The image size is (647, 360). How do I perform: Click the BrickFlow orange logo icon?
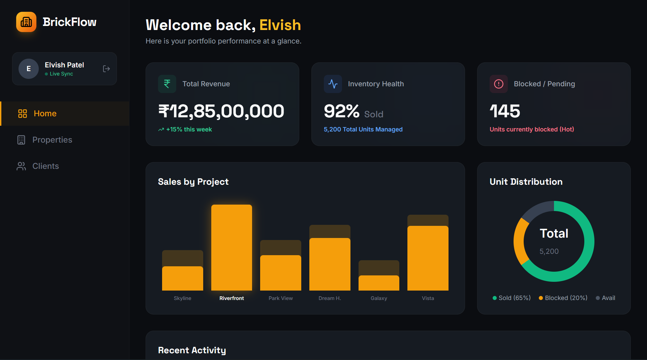pyautogui.click(x=26, y=22)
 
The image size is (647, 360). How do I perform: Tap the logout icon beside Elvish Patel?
pyautogui.click(x=106, y=69)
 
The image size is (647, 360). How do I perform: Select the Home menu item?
pyautogui.click(x=45, y=114)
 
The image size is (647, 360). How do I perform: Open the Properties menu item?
pyautogui.click(x=52, y=140)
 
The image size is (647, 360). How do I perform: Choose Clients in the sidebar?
pyautogui.click(x=45, y=166)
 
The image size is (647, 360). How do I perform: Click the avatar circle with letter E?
pyautogui.click(x=29, y=69)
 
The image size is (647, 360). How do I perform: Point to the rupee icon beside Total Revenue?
pyautogui.click(x=167, y=84)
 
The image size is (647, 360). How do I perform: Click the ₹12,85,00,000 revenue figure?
pyautogui.click(x=221, y=111)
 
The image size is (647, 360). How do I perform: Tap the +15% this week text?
pyautogui.click(x=189, y=129)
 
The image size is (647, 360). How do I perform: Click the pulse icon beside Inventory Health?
pyautogui.click(x=333, y=84)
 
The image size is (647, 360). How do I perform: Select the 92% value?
pyautogui.click(x=341, y=111)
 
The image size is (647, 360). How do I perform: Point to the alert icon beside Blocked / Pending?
pyautogui.click(x=499, y=84)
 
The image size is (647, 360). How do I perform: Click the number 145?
pyautogui.click(x=505, y=111)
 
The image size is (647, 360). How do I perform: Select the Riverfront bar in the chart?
pyautogui.click(x=232, y=247)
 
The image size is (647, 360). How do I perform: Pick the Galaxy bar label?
pyautogui.click(x=379, y=298)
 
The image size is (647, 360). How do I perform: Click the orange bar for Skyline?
pyautogui.click(x=182, y=278)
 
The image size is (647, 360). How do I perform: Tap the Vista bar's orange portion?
pyautogui.click(x=428, y=258)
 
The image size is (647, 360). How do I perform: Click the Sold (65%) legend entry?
pyautogui.click(x=512, y=298)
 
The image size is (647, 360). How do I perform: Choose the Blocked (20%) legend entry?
pyautogui.click(x=563, y=298)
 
